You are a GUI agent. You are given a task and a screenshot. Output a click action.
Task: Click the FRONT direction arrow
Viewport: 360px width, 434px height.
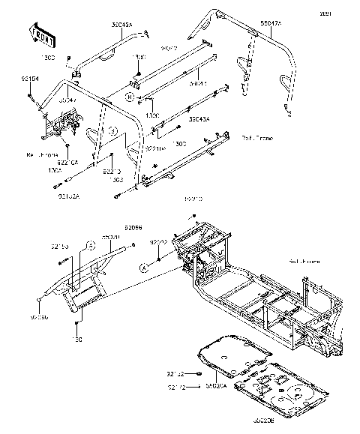pyautogui.click(x=43, y=34)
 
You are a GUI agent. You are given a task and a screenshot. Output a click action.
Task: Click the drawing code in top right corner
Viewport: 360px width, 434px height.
pyautogui.click(x=346, y=13)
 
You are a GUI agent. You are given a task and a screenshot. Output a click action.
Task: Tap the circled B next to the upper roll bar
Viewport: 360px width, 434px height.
pyautogui.click(x=130, y=97)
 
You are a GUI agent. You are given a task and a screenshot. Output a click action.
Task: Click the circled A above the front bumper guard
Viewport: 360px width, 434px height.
pyautogui.click(x=90, y=244)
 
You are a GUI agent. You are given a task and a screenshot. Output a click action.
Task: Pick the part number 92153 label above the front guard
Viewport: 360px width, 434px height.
pyautogui.click(x=59, y=246)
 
